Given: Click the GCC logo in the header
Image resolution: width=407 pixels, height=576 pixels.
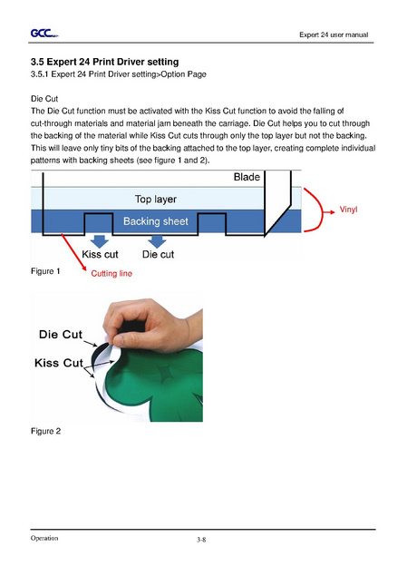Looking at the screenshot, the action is [x=44, y=34].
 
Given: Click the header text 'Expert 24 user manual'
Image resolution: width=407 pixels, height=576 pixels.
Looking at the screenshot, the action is [x=334, y=34].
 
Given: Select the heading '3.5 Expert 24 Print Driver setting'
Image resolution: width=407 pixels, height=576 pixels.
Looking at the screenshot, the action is [x=104, y=62].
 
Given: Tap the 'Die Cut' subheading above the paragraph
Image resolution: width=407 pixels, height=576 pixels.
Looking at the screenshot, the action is [x=44, y=99].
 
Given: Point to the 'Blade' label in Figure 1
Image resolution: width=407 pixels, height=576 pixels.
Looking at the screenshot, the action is [x=247, y=177].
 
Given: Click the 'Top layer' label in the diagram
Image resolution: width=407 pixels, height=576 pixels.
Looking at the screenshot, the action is [x=156, y=199].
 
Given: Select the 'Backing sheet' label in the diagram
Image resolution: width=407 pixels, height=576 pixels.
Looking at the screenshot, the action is [x=156, y=221].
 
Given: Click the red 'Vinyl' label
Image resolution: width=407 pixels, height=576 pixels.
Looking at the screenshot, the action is [x=348, y=210].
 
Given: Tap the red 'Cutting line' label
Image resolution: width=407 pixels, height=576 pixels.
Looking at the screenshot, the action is [x=111, y=273].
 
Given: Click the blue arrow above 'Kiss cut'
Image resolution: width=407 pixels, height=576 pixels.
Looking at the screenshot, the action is [x=99, y=241].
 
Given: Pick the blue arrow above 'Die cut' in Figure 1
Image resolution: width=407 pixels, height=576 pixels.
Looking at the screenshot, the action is [x=157, y=241].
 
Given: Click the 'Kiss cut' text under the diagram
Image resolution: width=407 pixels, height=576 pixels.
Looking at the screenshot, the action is [x=100, y=254].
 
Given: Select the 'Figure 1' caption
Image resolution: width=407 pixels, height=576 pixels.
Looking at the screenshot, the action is [x=45, y=271].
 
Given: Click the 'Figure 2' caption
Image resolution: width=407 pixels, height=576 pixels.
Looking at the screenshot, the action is [x=45, y=431].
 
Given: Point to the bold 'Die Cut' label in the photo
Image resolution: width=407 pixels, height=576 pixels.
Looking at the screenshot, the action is [x=61, y=335].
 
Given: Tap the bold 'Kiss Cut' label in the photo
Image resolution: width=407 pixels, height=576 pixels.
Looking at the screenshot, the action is [x=59, y=363].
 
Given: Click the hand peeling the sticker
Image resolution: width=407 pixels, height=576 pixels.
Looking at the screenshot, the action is [x=152, y=325].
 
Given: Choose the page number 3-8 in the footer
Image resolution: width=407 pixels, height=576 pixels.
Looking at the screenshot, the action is [x=201, y=540].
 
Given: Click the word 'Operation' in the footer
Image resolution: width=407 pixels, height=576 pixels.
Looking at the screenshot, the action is [x=44, y=538].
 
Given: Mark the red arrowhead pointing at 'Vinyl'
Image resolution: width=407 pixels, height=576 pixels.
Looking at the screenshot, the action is [x=332, y=211].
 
